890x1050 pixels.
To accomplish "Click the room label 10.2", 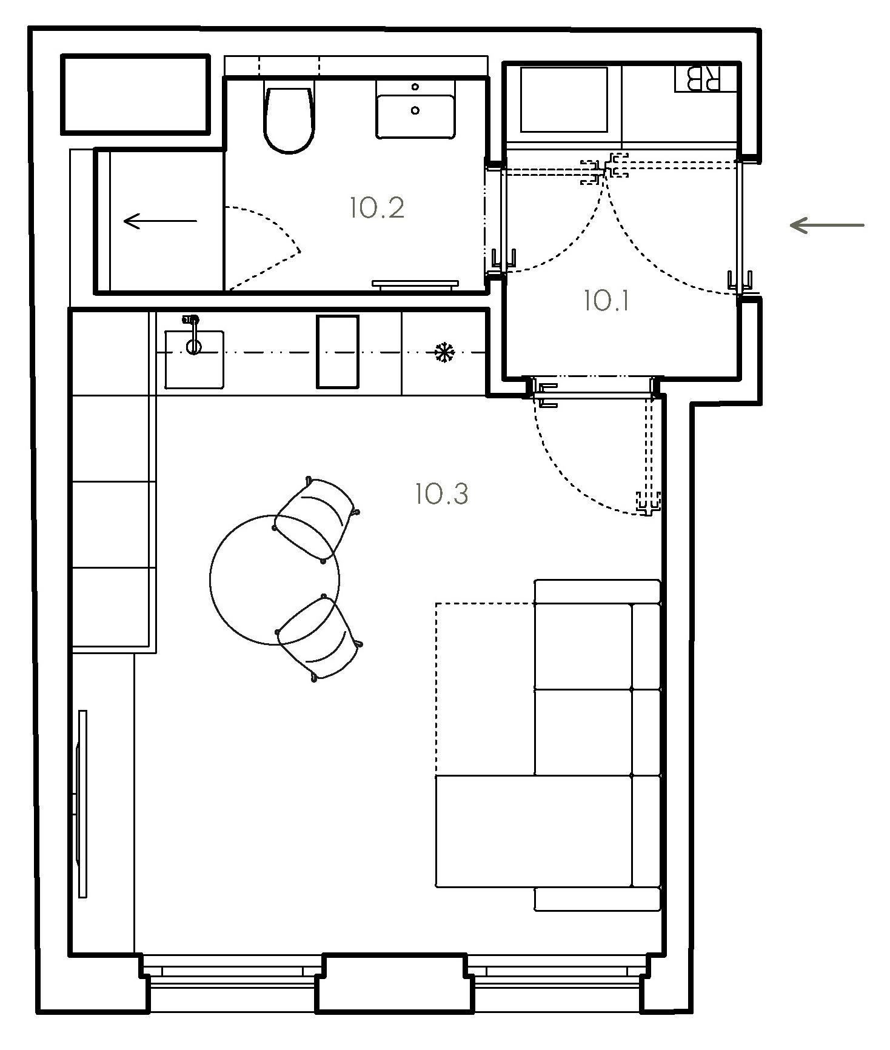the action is tap(376, 208).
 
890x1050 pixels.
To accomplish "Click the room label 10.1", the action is tap(606, 301).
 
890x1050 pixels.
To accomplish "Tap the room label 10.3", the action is tap(442, 494).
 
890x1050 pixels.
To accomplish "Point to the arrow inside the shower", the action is tap(160, 221).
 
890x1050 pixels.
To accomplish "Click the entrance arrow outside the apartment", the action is tap(827, 226).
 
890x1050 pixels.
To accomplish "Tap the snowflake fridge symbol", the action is tap(445, 352).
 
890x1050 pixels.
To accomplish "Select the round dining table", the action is tap(275, 580).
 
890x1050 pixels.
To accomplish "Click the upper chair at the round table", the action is tap(316, 519).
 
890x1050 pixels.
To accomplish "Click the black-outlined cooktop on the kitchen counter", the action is tap(338, 352).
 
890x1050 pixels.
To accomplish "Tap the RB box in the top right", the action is tap(706, 78).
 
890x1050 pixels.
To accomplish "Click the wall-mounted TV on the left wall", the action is tap(81, 804).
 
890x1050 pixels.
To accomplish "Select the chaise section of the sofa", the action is tap(534, 831).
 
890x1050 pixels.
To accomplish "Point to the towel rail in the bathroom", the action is tap(415, 284).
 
